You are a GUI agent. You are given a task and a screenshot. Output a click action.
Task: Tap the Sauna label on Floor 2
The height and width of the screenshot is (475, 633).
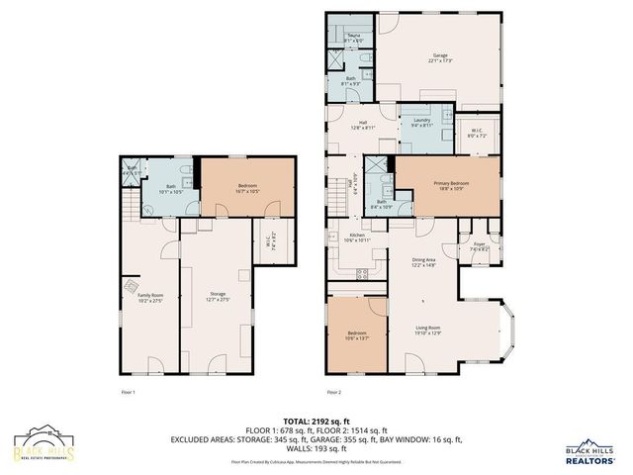pos(352,37)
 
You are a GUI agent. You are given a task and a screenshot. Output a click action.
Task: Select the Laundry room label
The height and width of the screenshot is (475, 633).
pos(420,123)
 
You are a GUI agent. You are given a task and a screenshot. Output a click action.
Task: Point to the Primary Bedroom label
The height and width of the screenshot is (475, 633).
pos(449,185)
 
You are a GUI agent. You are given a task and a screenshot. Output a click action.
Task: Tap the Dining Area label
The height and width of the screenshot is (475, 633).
pos(423,262)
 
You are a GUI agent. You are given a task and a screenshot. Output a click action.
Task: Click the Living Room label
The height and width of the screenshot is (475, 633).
pos(426,331)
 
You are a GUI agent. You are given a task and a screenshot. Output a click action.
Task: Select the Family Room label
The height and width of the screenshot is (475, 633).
pos(150,297)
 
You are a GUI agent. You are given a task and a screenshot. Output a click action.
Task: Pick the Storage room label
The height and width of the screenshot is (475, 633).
pos(218,297)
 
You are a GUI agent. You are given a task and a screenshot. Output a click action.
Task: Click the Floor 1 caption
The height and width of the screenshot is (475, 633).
pos(127,393)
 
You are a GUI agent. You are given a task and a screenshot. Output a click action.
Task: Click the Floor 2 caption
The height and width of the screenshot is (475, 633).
pos(334,393)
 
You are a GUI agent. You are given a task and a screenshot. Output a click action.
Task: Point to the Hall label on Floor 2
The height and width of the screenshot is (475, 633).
pos(361,124)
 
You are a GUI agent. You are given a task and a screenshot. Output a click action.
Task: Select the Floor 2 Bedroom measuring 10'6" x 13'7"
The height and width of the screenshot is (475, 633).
pos(355,334)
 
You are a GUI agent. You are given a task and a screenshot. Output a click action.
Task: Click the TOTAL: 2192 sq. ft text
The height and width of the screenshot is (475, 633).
pos(316,421)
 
